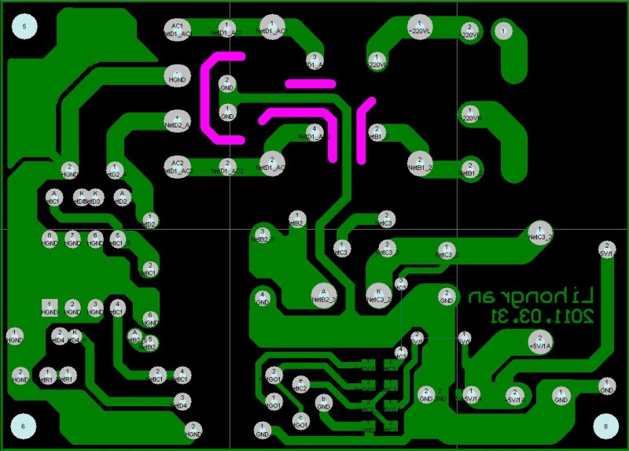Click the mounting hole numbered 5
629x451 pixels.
click(x=24, y=28)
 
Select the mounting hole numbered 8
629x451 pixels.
click(x=605, y=426)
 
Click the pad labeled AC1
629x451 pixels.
click(x=178, y=30)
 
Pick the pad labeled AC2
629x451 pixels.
click(x=178, y=165)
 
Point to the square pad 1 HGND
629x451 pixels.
click(x=50, y=307)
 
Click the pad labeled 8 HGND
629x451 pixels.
click(x=50, y=238)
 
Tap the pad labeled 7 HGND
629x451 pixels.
click(x=72, y=238)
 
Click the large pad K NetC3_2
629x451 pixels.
click(x=379, y=294)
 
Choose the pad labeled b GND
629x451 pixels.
click(x=323, y=403)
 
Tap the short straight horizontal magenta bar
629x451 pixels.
click(x=311, y=82)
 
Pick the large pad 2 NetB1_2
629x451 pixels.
click(x=419, y=164)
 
